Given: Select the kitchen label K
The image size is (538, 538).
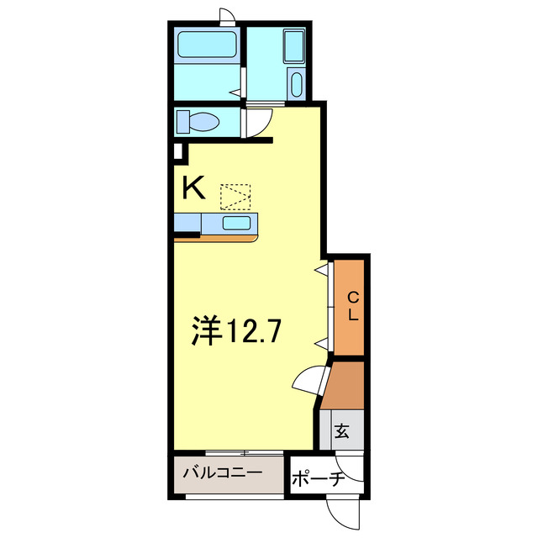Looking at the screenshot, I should click(193, 187).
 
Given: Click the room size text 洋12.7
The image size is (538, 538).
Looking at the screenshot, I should click(235, 330).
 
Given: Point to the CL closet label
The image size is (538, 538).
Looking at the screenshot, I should click(354, 307).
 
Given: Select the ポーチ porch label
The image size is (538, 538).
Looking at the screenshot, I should click(318, 481).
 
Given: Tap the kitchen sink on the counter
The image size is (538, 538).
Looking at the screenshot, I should click(235, 223).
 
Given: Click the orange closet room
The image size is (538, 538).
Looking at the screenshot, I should click(350, 307).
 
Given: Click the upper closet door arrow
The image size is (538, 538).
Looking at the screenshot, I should click(321, 269).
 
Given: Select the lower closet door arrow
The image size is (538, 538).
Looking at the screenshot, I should click(321, 342).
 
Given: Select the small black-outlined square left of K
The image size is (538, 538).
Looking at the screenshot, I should click(177, 153).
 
